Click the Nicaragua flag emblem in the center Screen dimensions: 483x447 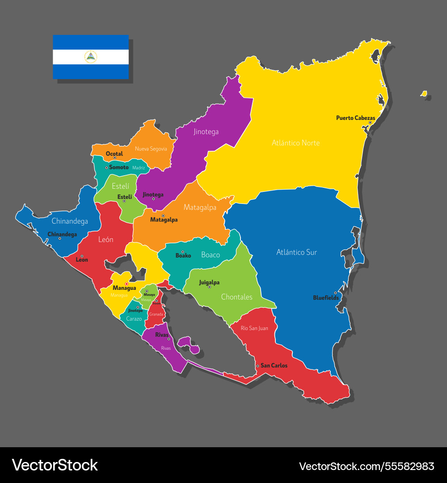91,57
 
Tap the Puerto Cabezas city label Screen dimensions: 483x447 355,118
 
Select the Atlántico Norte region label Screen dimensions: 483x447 295,143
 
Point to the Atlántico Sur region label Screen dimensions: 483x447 296,252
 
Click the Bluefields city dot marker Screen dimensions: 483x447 335,293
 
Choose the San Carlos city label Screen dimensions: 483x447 274,365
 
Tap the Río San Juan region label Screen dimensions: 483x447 254,328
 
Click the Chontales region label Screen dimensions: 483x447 236,297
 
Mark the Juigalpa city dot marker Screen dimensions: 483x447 209,287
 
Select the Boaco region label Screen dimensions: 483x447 211,255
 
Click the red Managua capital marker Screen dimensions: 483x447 127,284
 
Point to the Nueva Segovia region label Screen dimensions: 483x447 151,148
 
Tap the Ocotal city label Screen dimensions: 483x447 114,154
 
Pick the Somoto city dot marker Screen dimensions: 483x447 106,168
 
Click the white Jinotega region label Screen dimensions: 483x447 206,131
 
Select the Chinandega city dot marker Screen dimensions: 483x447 60,238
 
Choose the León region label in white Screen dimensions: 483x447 106,239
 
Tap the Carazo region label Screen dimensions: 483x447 134,319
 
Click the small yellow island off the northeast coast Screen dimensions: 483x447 424,94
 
